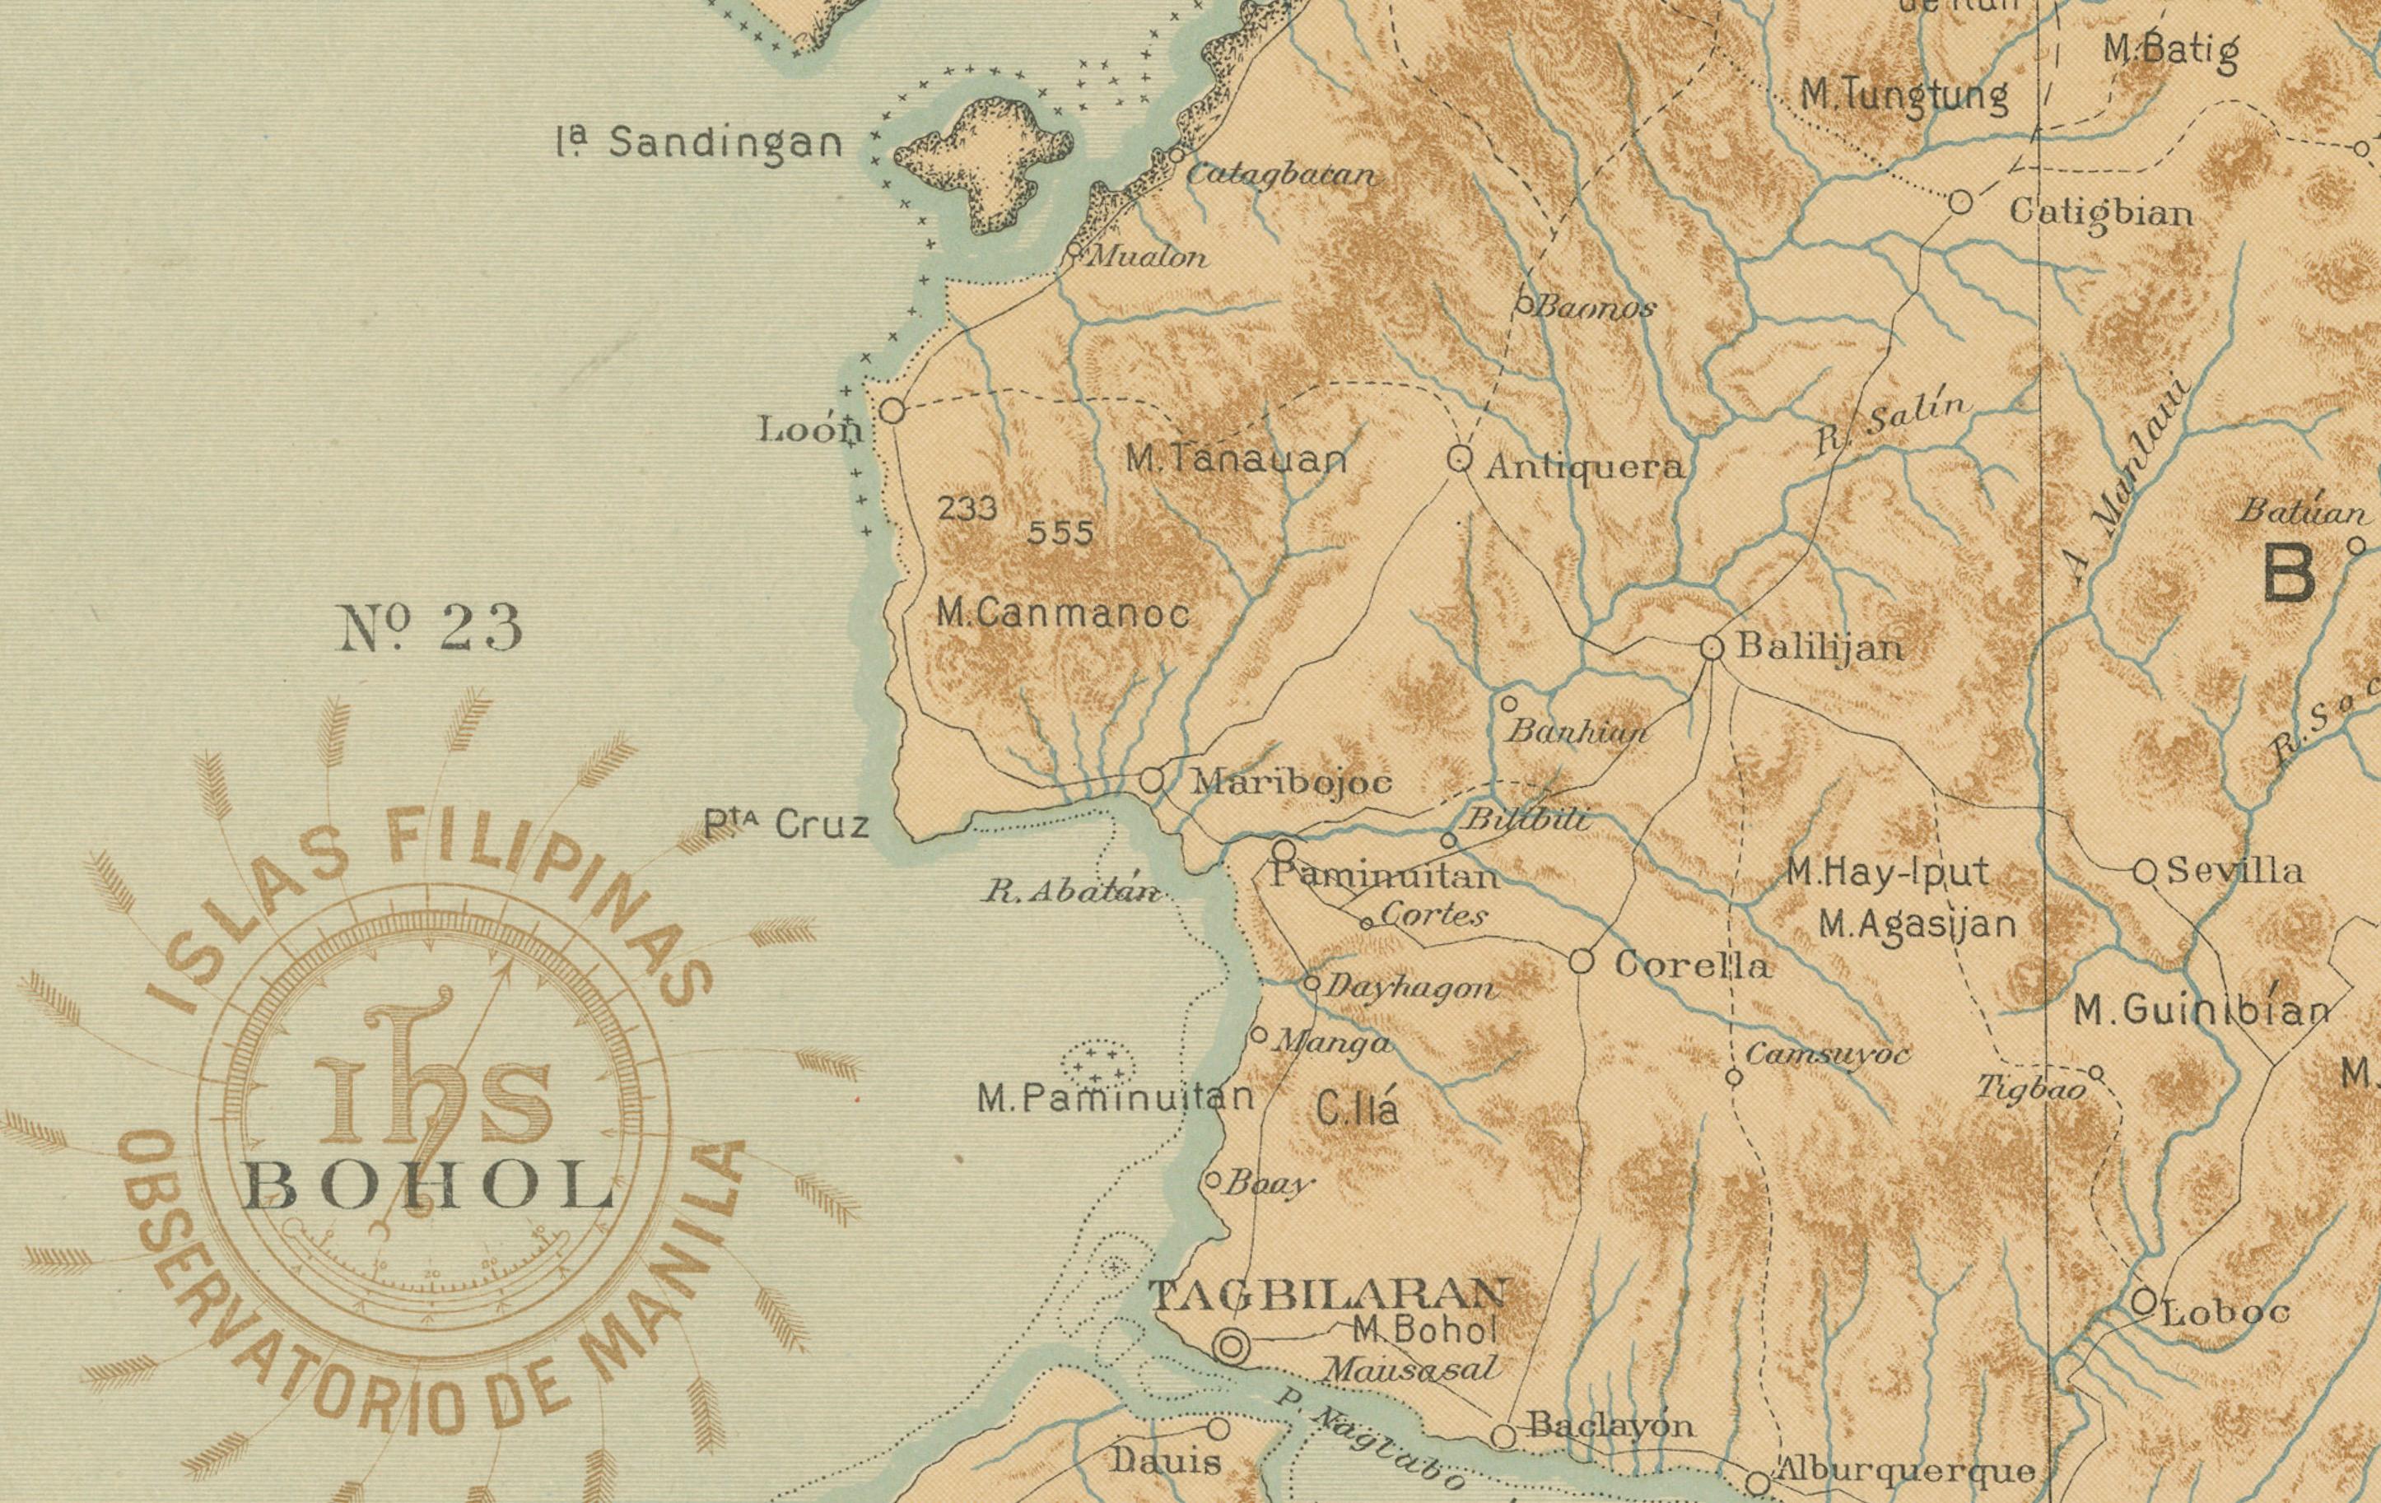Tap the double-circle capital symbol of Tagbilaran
pyautogui.click(x=1231, y=1346)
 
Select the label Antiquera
pyautogui.click(x=1584, y=467)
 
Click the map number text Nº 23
pyautogui.click(x=431, y=629)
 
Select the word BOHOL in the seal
pyautogui.click(x=427, y=1187)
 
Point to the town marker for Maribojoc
pyautogui.click(x=1151, y=779)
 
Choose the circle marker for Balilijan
pyautogui.click(x=1712, y=648)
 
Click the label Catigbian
pyautogui.click(x=2101, y=212)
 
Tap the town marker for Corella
pyautogui.click(x=1581, y=960)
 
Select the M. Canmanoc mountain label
pyautogui.click(x=1063, y=614)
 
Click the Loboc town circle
pyautogui.click(x=2143, y=1301)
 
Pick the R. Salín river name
pyautogui.click(x=1894, y=426)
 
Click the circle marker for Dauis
pyautogui.click(x=1218, y=1429)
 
